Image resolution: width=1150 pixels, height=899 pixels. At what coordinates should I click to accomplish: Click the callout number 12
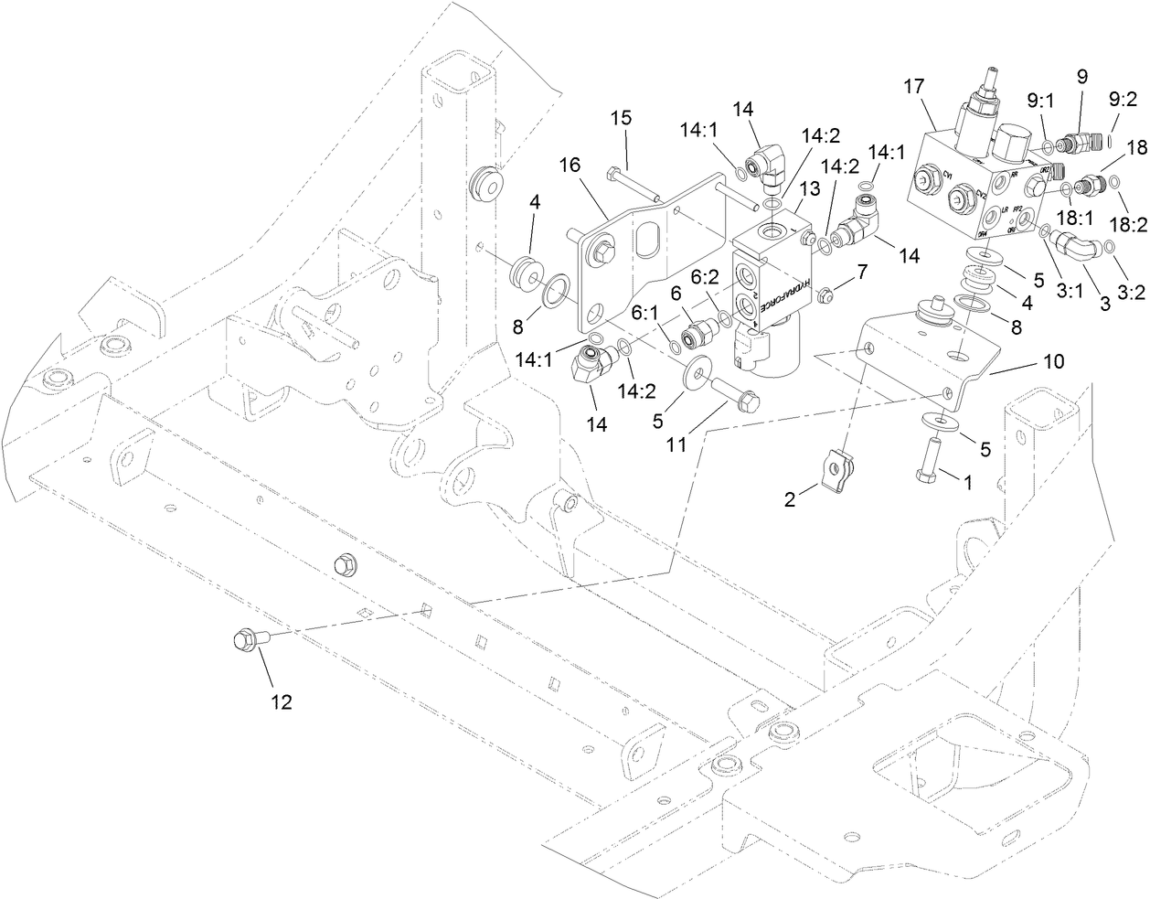(281, 701)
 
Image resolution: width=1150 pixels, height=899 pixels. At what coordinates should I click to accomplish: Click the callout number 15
(621, 119)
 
